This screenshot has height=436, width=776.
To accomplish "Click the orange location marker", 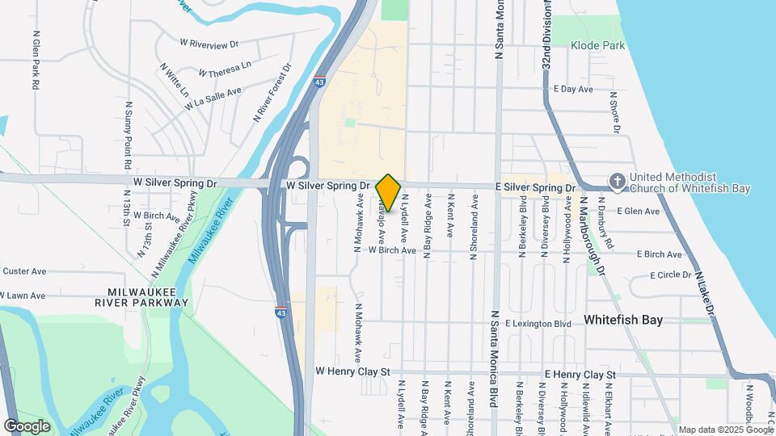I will click(x=388, y=192).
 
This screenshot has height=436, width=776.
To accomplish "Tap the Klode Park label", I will click(x=598, y=46).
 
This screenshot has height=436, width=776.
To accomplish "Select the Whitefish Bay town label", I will click(x=623, y=320).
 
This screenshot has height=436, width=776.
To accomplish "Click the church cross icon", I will click(x=617, y=182).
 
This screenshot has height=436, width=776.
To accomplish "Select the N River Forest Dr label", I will click(x=272, y=94).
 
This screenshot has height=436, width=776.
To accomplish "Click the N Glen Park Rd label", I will click(x=36, y=61).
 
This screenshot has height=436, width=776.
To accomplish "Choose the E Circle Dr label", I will click(x=664, y=275).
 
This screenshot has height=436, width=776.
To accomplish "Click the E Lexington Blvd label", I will click(x=538, y=324).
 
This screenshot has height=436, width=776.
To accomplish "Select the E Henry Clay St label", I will click(x=580, y=375).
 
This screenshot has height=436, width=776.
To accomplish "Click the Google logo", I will click(x=27, y=426).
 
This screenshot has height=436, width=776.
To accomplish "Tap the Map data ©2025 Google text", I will click(x=725, y=430).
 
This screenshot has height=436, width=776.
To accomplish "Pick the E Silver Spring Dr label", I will click(x=536, y=187).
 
